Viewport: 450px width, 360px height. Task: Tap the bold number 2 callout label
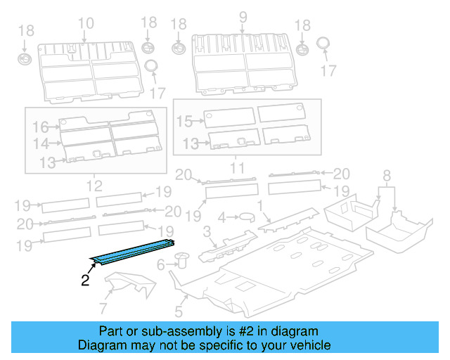tap(85, 281)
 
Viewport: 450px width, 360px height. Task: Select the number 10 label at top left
tap(85, 24)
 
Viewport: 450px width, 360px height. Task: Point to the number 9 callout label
tap(244, 17)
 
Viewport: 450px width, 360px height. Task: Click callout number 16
tap(41, 127)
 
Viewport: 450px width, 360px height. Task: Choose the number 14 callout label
tap(41, 143)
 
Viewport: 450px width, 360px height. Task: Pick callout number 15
tap(184, 122)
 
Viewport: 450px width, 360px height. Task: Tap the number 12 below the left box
tap(94, 186)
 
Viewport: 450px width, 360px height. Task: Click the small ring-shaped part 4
tap(246, 217)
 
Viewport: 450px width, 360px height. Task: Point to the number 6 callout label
tap(161, 264)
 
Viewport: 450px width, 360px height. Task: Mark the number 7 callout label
tap(103, 307)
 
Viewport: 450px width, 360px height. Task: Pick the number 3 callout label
tap(207, 232)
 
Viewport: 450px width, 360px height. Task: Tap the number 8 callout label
tap(386, 175)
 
